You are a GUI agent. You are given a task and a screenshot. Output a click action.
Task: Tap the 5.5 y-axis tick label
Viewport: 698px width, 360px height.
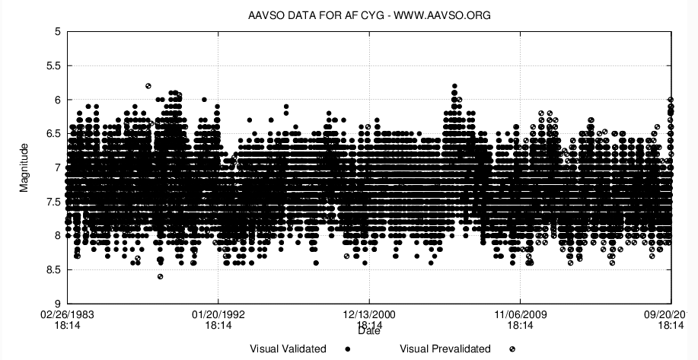tap(52, 66)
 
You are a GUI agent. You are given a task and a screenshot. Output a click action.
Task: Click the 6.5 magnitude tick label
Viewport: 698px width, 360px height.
tap(52, 134)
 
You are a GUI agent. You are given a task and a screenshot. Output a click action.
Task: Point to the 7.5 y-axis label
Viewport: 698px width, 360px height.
tap(52, 202)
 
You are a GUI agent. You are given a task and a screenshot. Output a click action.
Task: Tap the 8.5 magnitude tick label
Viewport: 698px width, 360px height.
tap(52, 269)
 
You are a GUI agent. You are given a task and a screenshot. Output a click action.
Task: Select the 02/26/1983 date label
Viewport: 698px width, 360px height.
tap(68, 312)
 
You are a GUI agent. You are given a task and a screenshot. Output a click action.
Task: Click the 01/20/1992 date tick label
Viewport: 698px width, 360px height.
tap(218, 312)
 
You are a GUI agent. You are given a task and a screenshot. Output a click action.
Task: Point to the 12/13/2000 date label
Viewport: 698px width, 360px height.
tap(369, 312)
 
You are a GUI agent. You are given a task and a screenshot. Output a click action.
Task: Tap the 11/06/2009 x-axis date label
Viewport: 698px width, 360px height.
tap(520, 312)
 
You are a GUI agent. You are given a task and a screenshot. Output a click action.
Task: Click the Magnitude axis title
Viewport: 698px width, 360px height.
tap(24, 167)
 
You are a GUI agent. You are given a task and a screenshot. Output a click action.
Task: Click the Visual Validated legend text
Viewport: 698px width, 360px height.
tap(288, 349)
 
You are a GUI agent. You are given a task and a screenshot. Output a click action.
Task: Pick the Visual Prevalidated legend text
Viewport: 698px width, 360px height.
tap(445, 349)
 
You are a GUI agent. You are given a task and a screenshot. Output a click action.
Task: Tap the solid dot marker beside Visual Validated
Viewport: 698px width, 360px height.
tap(348, 349)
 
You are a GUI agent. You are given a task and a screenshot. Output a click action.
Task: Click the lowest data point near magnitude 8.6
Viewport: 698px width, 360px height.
tap(160, 276)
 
